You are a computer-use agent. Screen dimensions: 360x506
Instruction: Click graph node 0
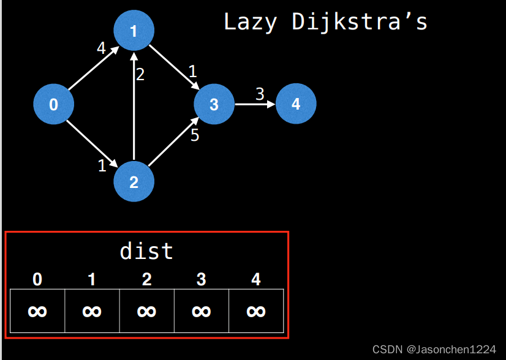pos(53,105)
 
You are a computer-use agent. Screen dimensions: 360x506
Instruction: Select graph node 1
pos(134,31)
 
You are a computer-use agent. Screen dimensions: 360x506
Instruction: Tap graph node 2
pos(134,182)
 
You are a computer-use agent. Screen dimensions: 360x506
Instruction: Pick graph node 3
pos(214,105)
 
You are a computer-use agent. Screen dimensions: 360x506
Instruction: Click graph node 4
pos(296,104)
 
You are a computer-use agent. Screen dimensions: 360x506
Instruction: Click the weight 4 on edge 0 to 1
pos(102,48)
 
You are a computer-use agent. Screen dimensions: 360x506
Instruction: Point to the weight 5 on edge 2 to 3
pos(195,135)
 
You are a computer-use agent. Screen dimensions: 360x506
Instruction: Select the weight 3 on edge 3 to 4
pos(260,94)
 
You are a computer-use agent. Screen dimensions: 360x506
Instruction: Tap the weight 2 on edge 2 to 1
pos(140,75)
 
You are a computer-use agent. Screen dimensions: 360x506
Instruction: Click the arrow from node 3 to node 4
pos(255,104)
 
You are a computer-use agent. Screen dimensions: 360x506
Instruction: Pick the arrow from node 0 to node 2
pos(92,142)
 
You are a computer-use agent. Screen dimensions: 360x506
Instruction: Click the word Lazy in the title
pos(250,22)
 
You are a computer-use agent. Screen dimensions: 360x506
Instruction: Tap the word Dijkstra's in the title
pos(360,22)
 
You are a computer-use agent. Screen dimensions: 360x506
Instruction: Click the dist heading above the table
pos(146,251)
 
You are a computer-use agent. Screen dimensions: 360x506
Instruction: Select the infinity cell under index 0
pos(37,311)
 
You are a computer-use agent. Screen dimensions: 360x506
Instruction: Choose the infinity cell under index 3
pos(201,311)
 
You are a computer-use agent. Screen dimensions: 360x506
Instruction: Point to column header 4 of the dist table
pos(255,280)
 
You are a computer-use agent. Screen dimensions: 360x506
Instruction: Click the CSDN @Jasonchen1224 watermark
pos(434,350)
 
